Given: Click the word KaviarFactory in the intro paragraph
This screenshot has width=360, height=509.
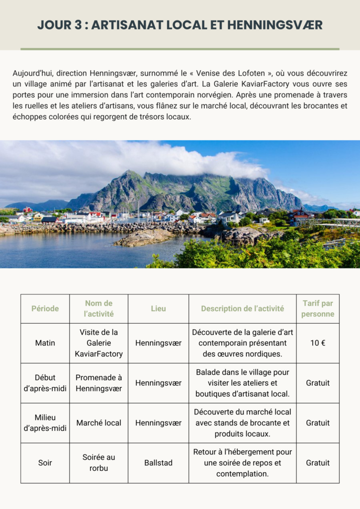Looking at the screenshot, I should coord(266,84).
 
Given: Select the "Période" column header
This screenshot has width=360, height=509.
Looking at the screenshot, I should coord(45,309).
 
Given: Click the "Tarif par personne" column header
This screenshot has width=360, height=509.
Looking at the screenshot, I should coord(318,309).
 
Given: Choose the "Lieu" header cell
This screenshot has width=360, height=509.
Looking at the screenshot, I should coord(158,309).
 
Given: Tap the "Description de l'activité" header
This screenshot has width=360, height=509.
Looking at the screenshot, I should coord(242,309).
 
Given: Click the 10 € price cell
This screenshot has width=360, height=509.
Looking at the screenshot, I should coord(318,343).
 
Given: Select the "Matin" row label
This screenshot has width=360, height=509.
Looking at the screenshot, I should coord(45,343).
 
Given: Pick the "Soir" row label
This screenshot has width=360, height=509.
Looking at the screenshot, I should coord(45,463).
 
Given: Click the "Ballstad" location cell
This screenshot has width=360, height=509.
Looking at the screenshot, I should coord(158,463).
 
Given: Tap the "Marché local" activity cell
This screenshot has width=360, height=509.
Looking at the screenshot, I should coord(98,423).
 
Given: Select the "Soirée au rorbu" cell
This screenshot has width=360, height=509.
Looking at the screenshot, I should coord(98,463).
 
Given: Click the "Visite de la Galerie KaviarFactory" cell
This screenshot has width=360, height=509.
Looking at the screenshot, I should coord(98,343).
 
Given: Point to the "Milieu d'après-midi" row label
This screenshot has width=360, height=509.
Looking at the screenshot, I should coord(45,423).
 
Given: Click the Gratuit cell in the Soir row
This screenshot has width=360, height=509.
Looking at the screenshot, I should coord(318,463).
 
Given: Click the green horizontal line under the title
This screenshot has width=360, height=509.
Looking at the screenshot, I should coord(180,49).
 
